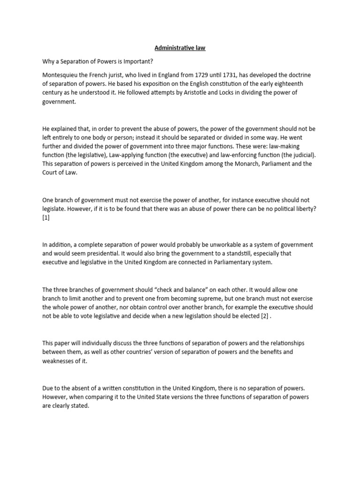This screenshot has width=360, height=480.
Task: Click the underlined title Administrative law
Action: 180,48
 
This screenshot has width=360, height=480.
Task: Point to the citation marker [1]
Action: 46,217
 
